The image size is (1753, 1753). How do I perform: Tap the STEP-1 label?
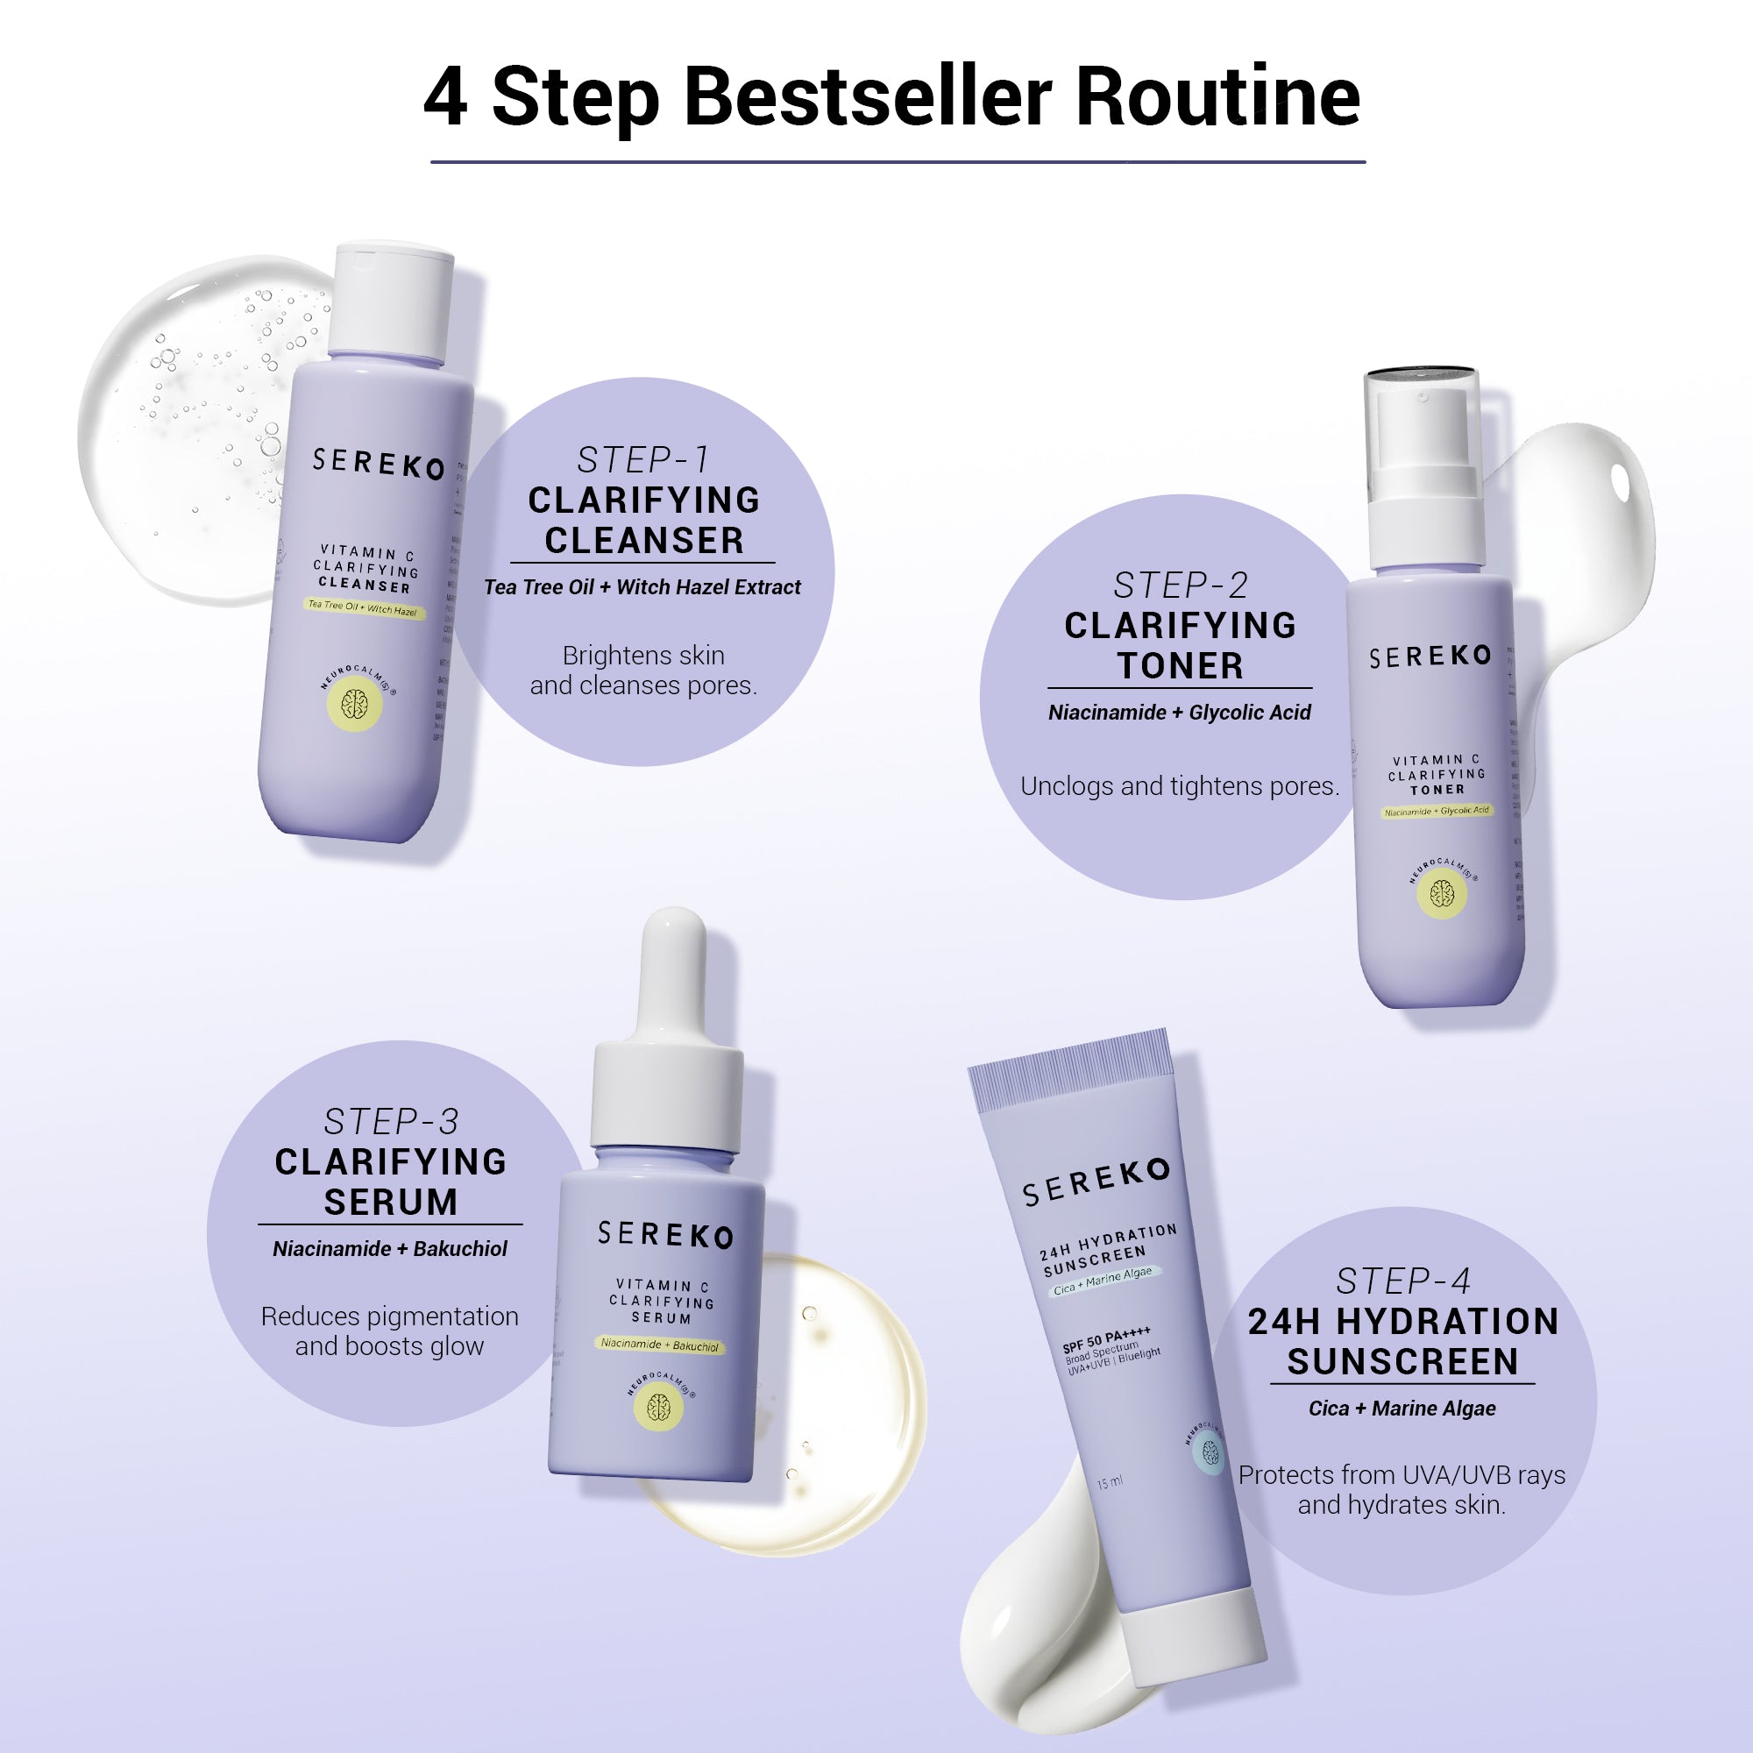pyautogui.click(x=643, y=460)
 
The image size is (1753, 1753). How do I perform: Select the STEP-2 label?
pyautogui.click(x=1180, y=586)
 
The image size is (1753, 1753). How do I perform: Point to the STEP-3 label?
pyautogui.click(x=390, y=1122)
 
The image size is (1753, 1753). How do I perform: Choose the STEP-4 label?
pyautogui.click(x=1402, y=1281)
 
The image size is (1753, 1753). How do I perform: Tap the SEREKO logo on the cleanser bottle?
pyautogui.click(x=379, y=463)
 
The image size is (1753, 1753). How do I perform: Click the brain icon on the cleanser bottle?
pyautogui.click(x=355, y=704)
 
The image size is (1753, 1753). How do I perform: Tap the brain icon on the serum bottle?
pyautogui.click(x=659, y=1408)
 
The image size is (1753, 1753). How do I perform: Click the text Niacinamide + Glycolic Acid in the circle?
pyautogui.click(x=1180, y=713)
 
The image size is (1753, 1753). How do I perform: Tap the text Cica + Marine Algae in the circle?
pyautogui.click(x=1402, y=1409)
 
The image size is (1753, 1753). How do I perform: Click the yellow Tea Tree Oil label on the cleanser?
pyautogui.click(x=363, y=607)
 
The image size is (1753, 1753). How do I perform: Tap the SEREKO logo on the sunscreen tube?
pyautogui.click(x=1097, y=1182)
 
